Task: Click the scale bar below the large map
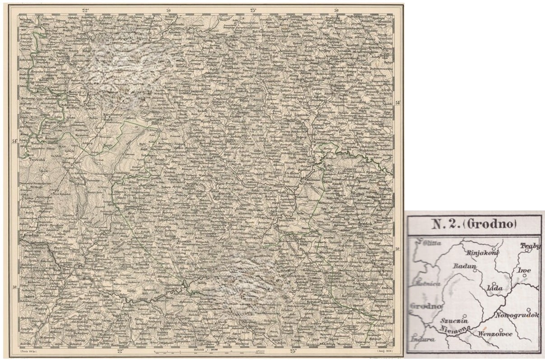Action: coord(212,352)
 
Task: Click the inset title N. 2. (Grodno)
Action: coord(474,224)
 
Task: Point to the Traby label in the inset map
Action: coord(530,246)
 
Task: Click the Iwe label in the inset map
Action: coord(525,271)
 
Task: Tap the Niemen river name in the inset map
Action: coord(452,330)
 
